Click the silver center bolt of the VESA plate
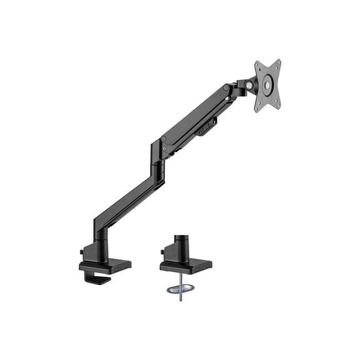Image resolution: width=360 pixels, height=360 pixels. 267,85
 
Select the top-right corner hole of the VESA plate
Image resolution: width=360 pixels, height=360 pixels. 277,63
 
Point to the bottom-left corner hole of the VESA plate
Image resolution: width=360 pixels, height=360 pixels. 258,107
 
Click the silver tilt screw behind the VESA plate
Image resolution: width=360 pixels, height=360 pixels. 250,84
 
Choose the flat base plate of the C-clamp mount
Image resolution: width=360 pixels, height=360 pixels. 104,266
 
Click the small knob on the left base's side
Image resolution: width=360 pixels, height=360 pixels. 82,252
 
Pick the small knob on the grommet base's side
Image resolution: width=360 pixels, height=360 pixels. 162,252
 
